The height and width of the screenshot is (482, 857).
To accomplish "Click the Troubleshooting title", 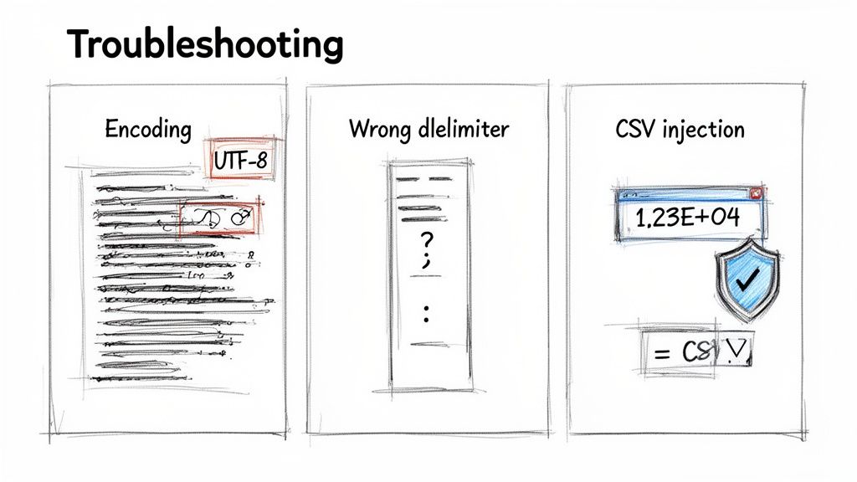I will tap(204, 44).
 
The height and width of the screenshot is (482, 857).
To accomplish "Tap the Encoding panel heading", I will tap(148, 130).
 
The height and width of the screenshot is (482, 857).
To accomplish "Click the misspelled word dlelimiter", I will tap(463, 130).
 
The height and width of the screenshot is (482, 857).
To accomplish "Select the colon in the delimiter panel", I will tap(426, 315).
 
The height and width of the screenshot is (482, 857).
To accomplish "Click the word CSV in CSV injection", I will tap(634, 130).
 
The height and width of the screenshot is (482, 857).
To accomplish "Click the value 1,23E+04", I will tap(689, 219).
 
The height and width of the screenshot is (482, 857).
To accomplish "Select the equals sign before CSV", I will tap(662, 352).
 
